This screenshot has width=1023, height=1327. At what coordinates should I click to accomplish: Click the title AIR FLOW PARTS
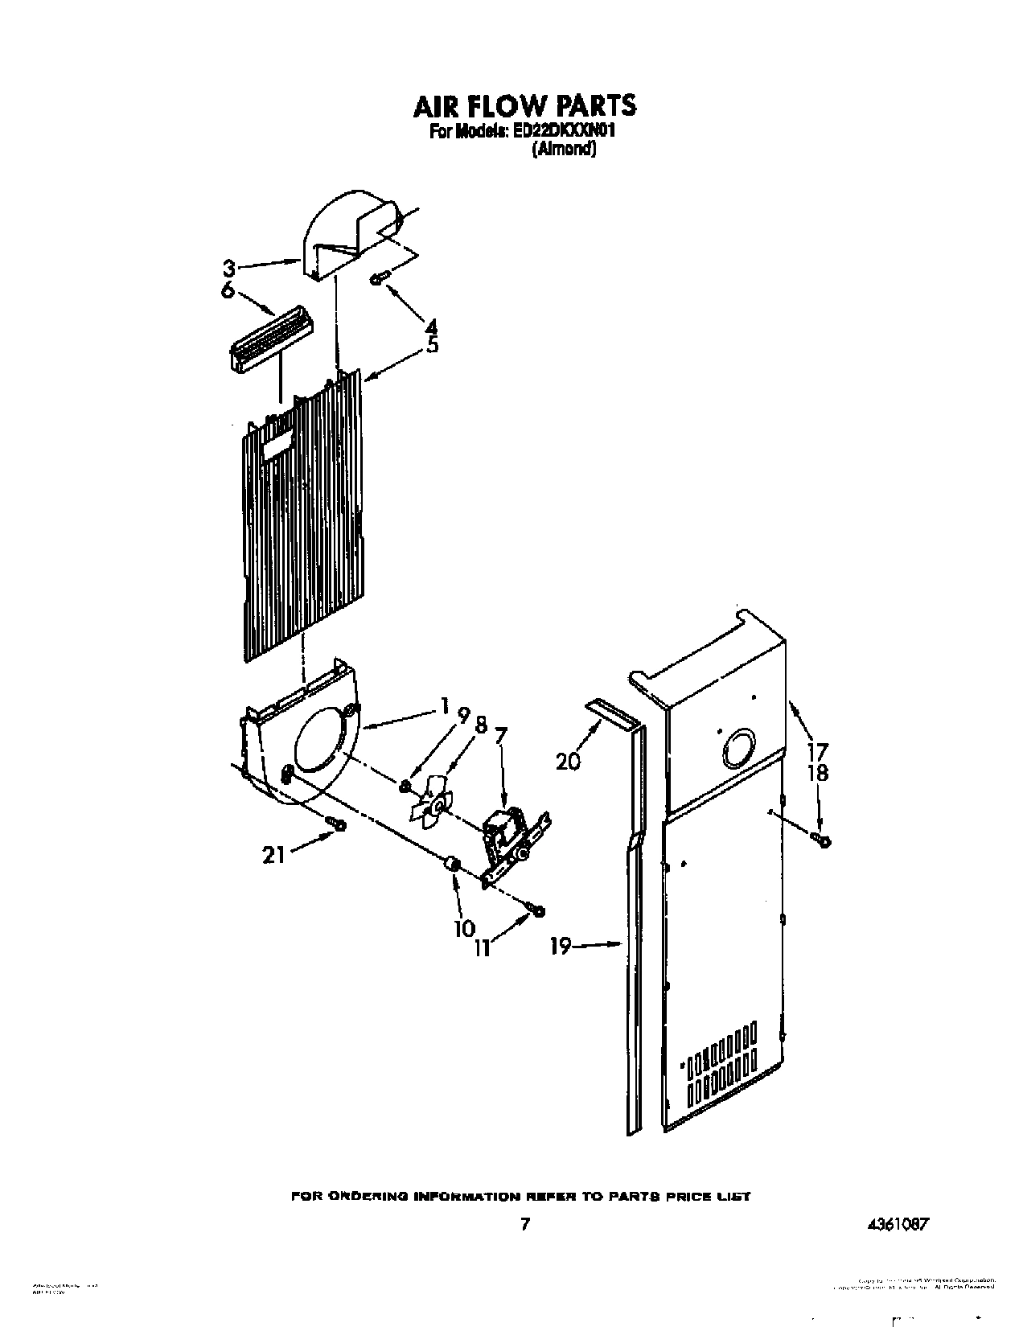coord(524,105)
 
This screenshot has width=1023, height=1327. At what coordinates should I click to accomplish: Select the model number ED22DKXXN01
coord(569,132)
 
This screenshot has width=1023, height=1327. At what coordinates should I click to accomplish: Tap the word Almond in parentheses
coord(564,149)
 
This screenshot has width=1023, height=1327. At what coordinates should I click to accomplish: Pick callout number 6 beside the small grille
coord(228,290)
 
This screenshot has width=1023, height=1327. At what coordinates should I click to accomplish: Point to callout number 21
coord(273,855)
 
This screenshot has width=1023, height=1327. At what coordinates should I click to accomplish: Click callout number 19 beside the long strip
coord(561,947)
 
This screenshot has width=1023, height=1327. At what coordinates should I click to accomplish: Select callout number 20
coord(568,759)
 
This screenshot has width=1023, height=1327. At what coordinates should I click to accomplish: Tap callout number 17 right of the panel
coord(818,753)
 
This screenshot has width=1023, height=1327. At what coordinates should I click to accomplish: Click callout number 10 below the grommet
coord(464,927)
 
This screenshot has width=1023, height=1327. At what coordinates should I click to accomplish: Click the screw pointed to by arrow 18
coord(823,841)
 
